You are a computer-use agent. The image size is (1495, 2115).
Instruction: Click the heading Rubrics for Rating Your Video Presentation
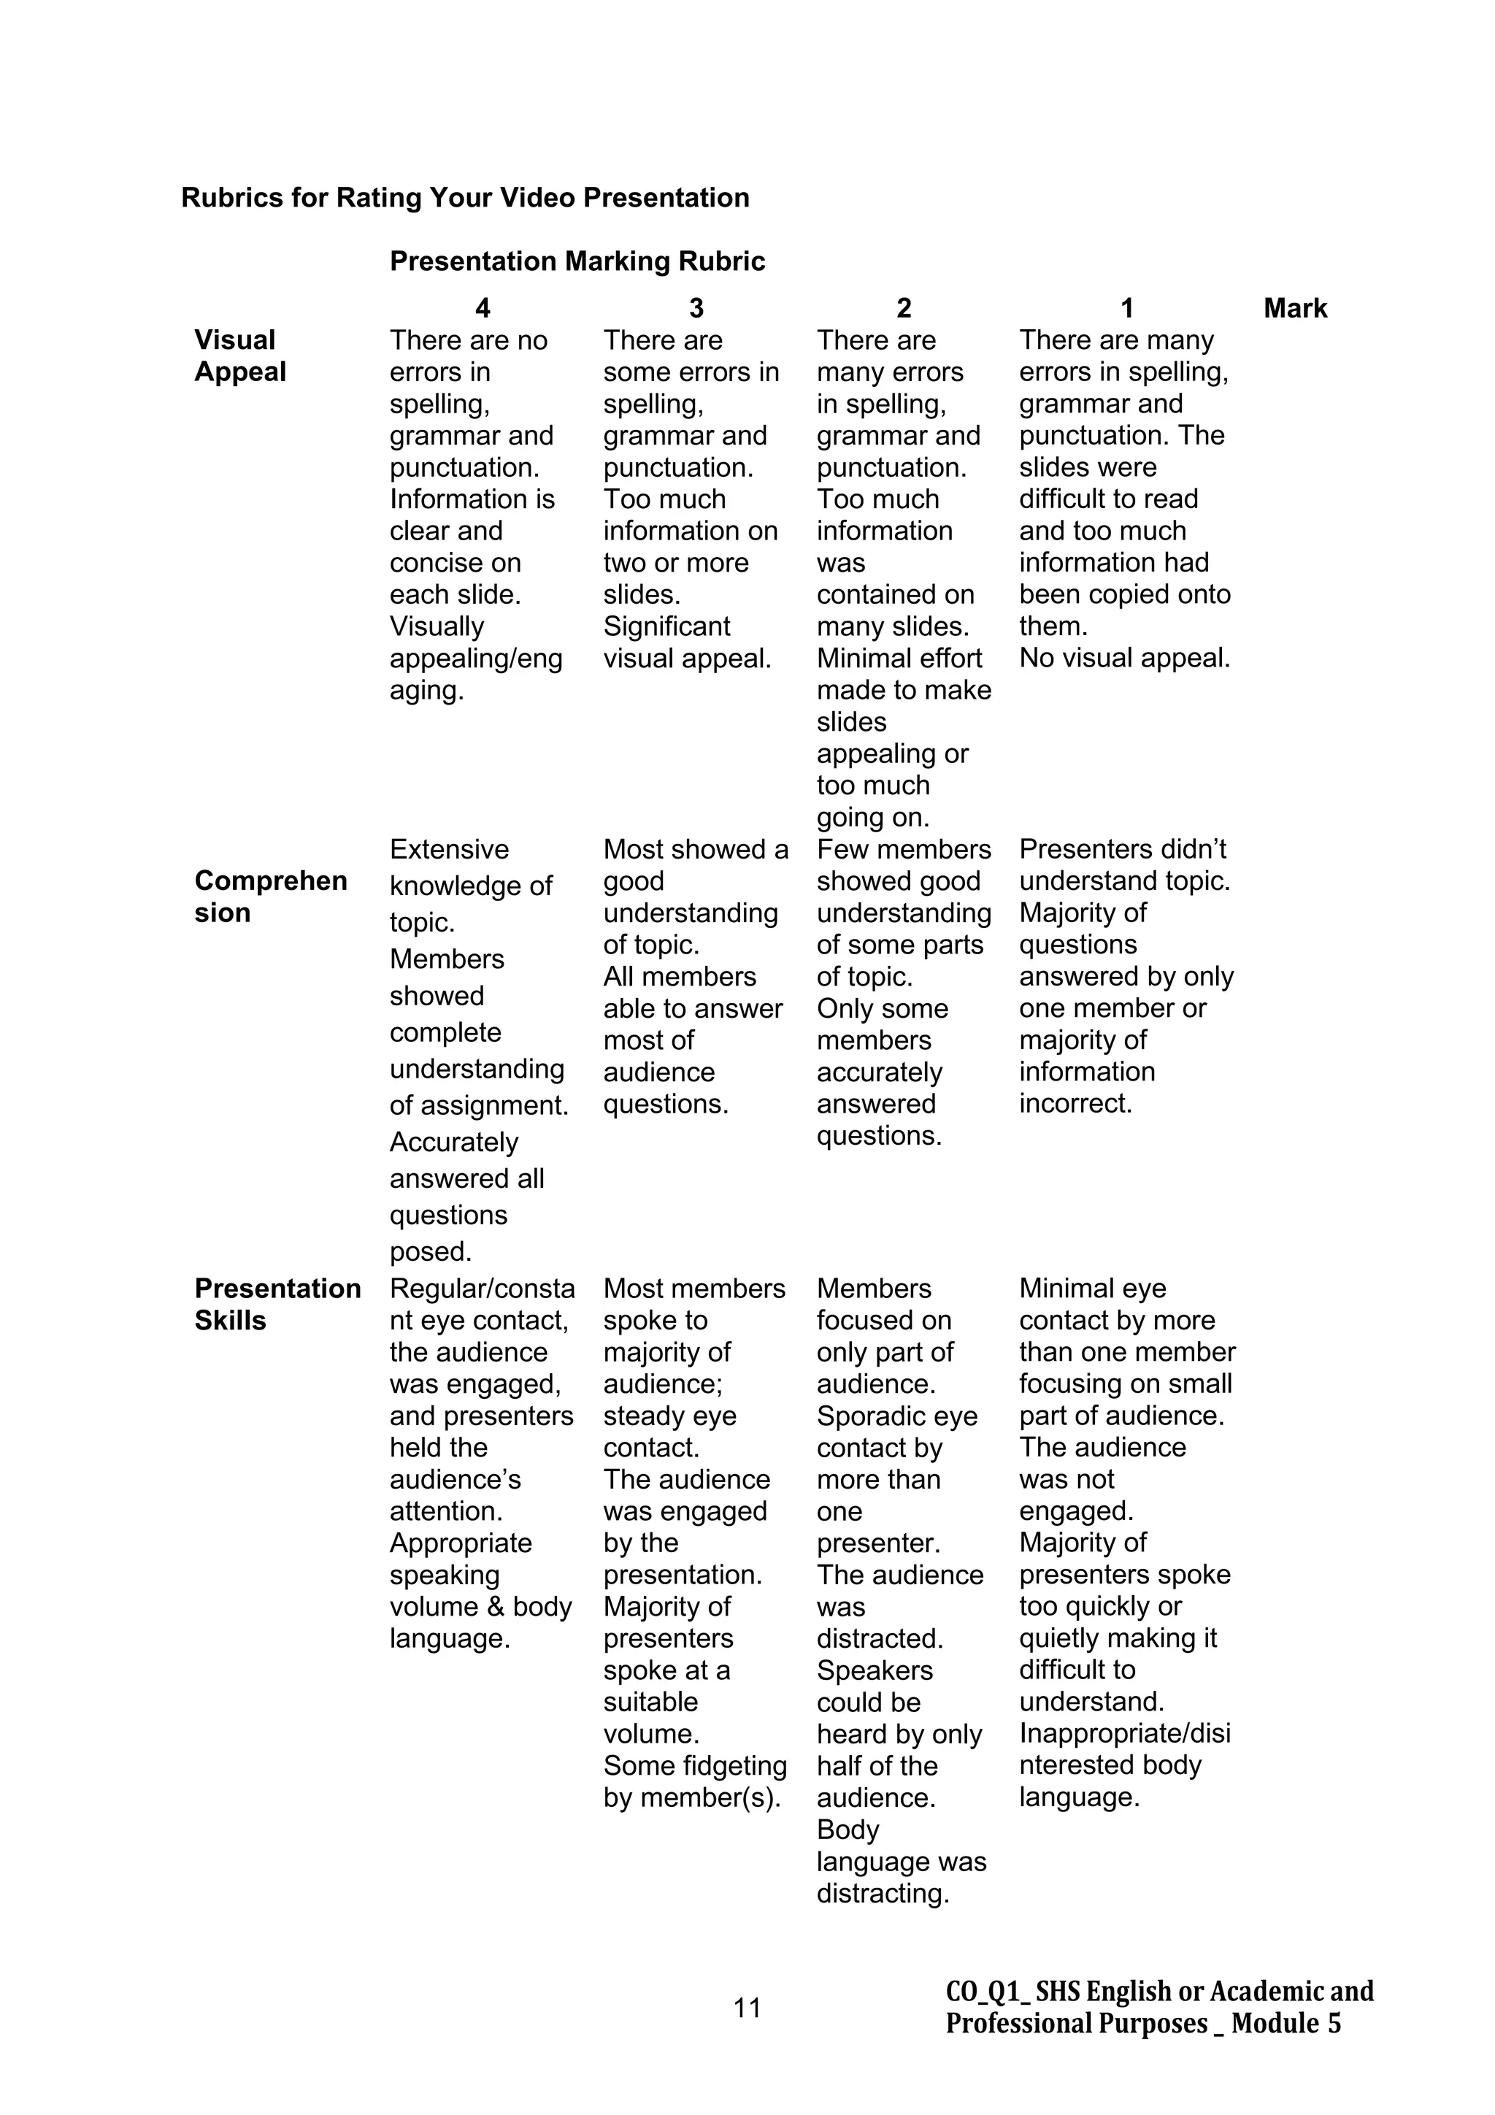pos(464,198)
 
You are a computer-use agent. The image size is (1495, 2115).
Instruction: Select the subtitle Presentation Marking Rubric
pos(577,261)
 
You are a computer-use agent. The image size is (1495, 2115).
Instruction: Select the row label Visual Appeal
pos(239,356)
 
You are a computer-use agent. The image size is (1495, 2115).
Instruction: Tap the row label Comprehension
pos(270,897)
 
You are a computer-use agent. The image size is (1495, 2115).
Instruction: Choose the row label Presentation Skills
pos(277,1305)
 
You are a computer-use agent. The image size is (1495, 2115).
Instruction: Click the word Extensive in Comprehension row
pos(449,849)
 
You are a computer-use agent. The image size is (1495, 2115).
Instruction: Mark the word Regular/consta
pos(482,1289)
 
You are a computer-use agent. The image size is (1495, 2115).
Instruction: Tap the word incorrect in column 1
pos(1074,1104)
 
